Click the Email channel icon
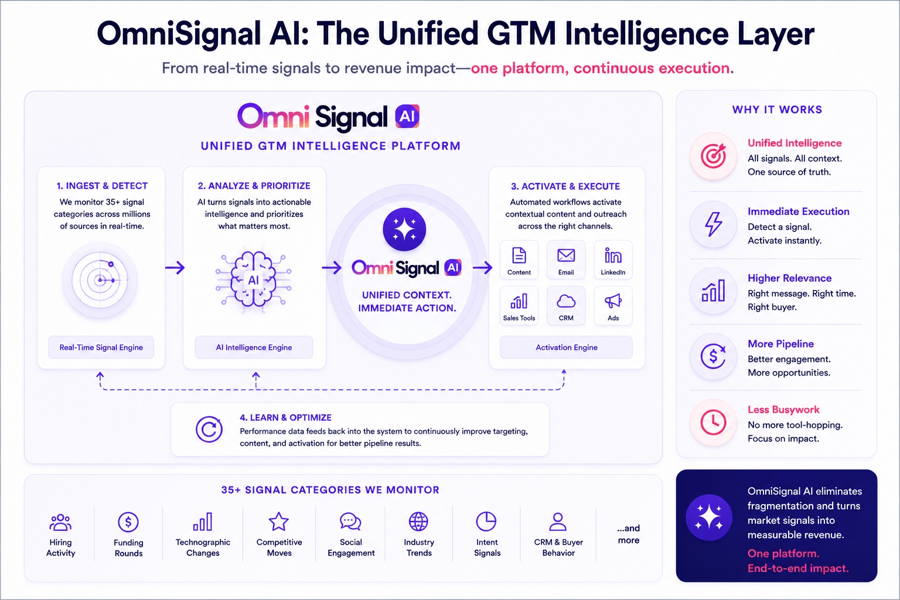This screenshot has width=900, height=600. click(565, 255)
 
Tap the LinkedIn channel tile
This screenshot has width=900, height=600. click(613, 260)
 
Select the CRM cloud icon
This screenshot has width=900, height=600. click(565, 301)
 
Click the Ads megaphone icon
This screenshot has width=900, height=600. click(613, 301)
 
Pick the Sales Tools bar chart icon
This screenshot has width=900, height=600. click(519, 301)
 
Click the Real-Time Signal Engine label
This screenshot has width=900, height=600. click(101, 347)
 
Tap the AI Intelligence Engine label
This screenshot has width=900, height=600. click(254, 347)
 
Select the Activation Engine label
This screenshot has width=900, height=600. click(566, 347)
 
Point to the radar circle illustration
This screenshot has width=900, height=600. click(100, 280)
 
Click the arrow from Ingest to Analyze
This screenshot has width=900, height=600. click(175, 267)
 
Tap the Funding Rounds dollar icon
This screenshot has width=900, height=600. click(128, 522)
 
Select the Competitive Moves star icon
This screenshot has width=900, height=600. click(279, 521)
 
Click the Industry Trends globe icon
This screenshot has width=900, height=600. click(419, 521)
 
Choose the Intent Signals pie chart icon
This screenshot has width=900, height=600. click(486, 521)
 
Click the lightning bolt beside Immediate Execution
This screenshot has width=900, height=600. click(714, 224)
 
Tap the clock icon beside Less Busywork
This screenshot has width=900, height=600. click(713, 422)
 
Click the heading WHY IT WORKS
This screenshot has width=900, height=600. click(777, 110)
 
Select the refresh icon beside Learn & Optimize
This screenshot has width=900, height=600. click(209, 429)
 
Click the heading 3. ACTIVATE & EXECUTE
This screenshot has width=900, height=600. click(565, 186)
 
